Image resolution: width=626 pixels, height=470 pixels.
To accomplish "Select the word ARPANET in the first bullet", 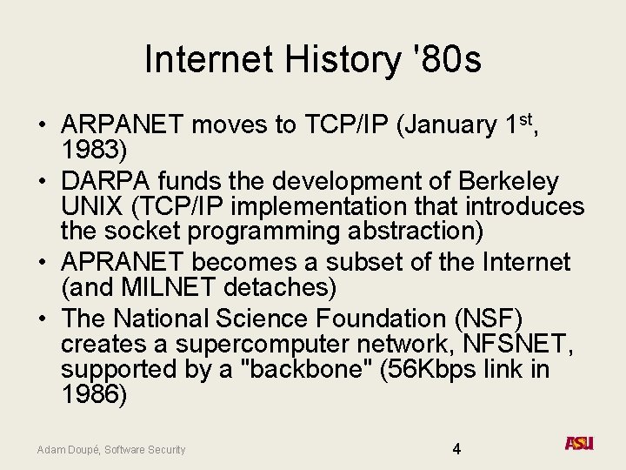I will [x=123, y=125].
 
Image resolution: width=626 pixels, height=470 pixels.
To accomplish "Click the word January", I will [x=450, y=125].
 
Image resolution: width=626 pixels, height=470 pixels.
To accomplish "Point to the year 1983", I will [x=94, y=151].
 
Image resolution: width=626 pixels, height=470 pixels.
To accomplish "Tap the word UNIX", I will [x=90, y=207].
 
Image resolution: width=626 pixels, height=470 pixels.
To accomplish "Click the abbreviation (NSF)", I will [x=495, y=318].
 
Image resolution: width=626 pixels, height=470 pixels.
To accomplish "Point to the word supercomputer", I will [x=245, y=343].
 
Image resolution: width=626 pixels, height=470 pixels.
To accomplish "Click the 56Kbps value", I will [x=426, y=368].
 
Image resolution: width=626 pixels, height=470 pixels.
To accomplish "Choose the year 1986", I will [x=94, y=393].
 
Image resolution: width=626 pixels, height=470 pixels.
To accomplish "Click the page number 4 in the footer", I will [x=456, y=449].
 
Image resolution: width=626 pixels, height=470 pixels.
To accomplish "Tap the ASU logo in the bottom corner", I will [x=579, y=444].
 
